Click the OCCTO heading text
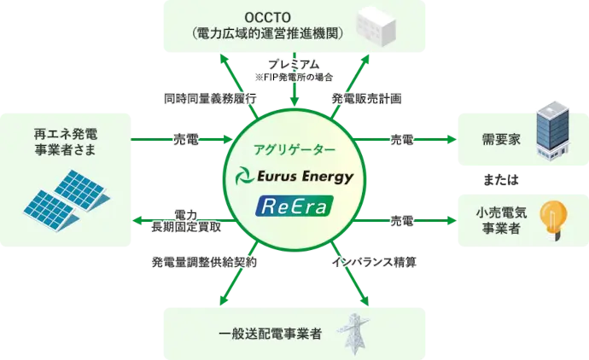pos(268,17)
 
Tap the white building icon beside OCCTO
pos(376,27)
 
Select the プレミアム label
pos(294,65)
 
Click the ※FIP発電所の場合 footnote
pos(294,78)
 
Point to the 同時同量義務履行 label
pos(210,99)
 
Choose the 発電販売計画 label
pos(366,99)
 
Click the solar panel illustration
pos(67,200)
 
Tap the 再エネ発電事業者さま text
pos(66,142)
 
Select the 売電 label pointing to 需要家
pos(402,140)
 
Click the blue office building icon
pos(552,131)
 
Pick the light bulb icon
pos(553,220)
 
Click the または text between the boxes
pos(501,180)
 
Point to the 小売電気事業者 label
pos(501,221)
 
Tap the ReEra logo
pos(294,206)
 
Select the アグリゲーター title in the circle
pos(294,150)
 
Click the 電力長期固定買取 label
pos(186,221)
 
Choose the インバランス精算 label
pos(374,262)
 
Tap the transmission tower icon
pos(353,334)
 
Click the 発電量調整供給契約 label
pos(204,262)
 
